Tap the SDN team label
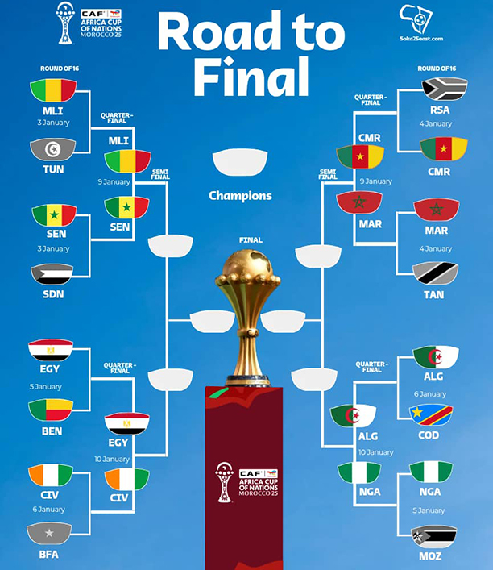[x=53, y=294]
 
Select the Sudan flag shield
[x=53, y=274]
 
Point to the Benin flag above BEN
[x=51, y=410]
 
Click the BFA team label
[x=50, y=555]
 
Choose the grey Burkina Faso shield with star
[x=50, y=534]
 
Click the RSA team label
[x=440, y=110]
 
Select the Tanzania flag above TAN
[x=436, y=273]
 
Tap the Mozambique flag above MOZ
[x=433, y=536]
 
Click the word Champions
[x=240, y=195]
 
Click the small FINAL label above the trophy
[x=251, y=239]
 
